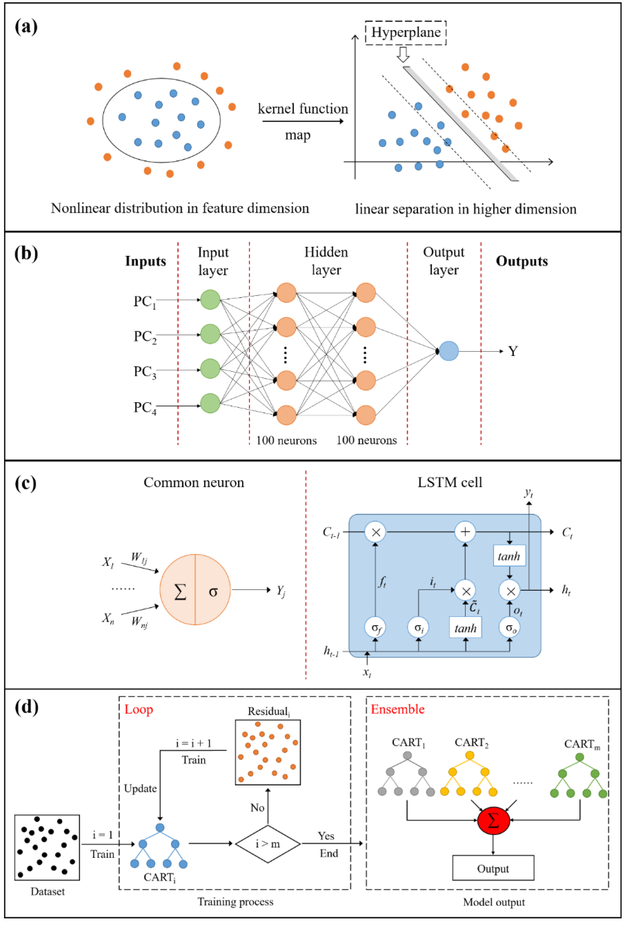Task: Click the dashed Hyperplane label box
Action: point(405,33)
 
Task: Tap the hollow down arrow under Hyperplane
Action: point(403,55)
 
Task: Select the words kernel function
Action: point(302,109)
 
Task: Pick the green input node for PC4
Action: point(210,403)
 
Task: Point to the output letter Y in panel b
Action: point(513,351)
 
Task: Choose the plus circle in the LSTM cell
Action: point(465,532)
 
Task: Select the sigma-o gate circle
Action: point(510,628)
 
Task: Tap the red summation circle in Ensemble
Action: point(493,820)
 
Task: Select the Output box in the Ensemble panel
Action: point(493,868)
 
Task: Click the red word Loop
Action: point(139,709)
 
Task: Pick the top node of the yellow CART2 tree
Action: point(470,755)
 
